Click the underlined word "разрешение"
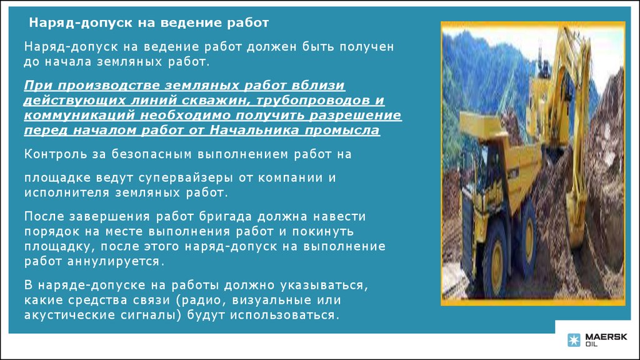point(355,115)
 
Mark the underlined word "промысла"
point(342,130)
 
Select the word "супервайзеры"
point(186,178)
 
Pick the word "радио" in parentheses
point(203,301)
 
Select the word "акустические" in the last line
point(69,316)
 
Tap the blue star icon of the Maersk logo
point(574,340)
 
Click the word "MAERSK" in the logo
point(606,337)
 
